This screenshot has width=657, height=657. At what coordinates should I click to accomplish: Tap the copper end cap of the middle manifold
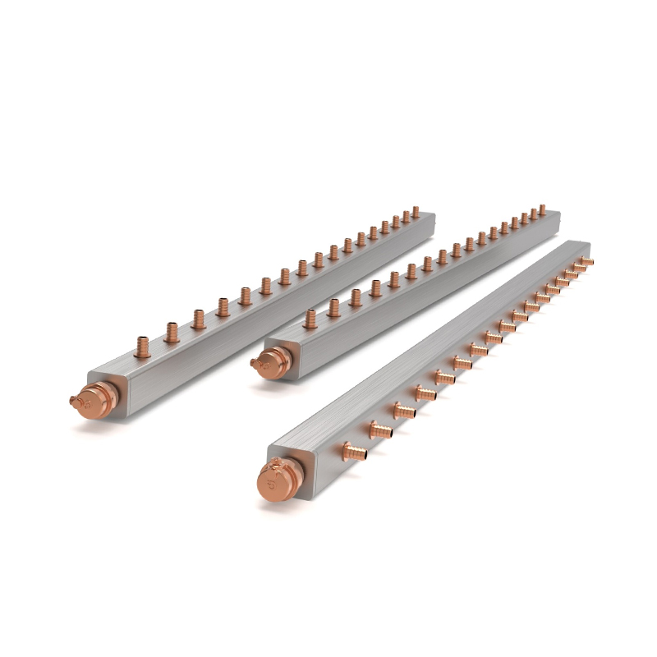pyautogui.click(x=270, y=358)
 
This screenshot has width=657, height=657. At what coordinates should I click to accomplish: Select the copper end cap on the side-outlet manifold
pyautogui.click(x=274, y=482)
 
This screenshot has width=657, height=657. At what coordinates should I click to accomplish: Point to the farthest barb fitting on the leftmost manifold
pyautogui.click(x=416, y=211)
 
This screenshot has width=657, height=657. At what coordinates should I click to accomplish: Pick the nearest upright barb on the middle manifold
pyautogui.click(x=310, y=319)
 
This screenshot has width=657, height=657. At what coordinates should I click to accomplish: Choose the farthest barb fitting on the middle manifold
pyautogui.click(x=542, y=209)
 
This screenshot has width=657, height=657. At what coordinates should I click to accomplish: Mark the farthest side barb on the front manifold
pyautogui.click(x=585, y=262)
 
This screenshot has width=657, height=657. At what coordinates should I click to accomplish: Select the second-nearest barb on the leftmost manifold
pyautogui.click(x=172, y=332)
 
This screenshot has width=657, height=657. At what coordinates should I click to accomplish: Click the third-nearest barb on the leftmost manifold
pyautogui.click(x=197, y=318)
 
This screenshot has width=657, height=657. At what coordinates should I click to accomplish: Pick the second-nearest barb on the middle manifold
pyautogui.click(x=333, y=308)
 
